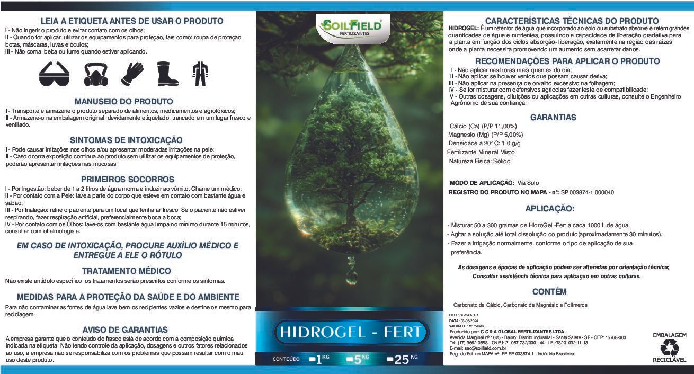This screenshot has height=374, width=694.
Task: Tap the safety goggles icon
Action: (x=54, y=74)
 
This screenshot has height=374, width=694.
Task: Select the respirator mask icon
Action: (x=95, y=74)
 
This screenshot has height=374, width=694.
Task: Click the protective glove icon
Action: (x=132, y=74)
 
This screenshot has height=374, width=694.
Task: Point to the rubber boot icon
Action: (x=167, y=74)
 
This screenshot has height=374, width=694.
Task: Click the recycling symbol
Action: (x=669, y=347)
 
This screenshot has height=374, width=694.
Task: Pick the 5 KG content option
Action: (x=358, y=359)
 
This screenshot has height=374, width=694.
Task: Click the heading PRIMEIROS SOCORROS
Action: (x=127, y=180)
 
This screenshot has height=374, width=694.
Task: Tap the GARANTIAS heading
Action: (x=553, y=117)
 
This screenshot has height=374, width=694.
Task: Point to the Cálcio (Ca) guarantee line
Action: (x=483, y=126)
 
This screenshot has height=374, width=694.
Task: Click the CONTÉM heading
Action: (x=549, y=291)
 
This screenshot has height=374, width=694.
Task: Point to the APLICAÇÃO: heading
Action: (x=550, y=208)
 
